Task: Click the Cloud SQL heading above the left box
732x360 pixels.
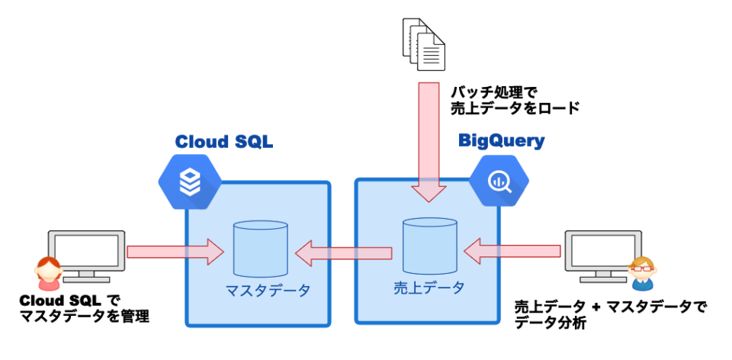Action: (224, 142)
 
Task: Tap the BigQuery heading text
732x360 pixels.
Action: (502, 140)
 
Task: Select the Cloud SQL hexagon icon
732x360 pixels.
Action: (189, 182)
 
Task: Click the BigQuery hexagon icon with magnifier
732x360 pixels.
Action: (499, 181)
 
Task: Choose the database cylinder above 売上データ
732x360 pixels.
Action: (430, 246)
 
